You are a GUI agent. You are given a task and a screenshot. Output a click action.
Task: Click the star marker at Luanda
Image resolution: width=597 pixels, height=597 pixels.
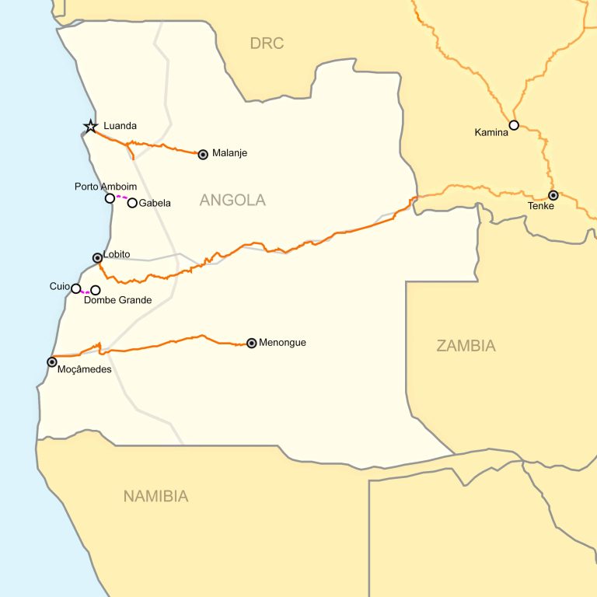point(91,126)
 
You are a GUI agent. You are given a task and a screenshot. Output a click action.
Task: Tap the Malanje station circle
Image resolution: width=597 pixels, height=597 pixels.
point(203,154)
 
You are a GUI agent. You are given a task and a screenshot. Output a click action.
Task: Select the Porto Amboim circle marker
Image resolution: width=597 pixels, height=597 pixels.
point(110,198)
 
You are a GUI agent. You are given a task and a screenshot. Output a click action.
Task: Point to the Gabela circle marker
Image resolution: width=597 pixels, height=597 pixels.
point(132,203)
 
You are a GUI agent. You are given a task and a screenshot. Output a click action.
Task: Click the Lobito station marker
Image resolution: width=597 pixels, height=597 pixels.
point(97,257)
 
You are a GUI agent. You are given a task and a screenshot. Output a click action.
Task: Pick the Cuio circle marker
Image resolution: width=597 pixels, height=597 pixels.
point(75,288)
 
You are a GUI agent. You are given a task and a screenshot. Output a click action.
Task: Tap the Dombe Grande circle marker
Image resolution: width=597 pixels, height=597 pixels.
point(96,290)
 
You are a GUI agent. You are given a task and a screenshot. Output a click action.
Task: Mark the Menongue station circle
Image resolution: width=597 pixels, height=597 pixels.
point(251,343)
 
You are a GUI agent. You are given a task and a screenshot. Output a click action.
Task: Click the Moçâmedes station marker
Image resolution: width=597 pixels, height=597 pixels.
point(52,361)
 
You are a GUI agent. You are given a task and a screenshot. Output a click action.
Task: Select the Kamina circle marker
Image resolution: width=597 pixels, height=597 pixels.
point(514,124)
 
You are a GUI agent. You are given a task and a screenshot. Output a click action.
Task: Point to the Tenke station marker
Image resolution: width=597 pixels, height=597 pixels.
point(553,195)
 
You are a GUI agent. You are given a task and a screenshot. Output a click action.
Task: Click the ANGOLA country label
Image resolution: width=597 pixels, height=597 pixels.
point(232,201)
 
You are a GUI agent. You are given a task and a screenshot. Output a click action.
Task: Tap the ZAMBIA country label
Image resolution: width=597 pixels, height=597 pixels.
point(466,347)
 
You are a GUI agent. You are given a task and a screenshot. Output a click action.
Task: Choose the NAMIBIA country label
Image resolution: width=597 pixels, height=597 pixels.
point(155,496)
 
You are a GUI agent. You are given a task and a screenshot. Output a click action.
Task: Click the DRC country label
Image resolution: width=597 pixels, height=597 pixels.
point(267,44)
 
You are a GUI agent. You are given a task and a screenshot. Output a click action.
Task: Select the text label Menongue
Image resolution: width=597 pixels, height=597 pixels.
point(282,343)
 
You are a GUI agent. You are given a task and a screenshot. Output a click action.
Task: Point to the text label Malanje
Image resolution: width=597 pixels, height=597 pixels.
point(229,154)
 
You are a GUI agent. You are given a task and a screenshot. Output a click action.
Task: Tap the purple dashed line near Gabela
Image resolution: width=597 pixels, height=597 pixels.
point(121,197)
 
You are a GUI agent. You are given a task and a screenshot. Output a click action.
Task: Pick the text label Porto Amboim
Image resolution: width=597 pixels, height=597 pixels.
point(106,187)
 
